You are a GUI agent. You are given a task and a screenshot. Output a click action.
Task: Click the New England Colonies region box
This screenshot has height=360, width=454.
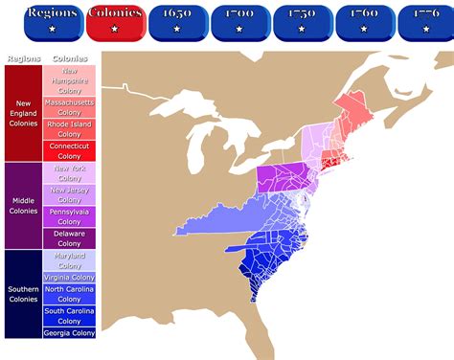point(23,113)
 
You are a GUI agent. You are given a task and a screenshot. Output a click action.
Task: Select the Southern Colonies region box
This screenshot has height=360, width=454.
point(23,293)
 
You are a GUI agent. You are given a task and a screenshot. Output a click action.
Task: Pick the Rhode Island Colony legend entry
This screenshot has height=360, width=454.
point(69,128)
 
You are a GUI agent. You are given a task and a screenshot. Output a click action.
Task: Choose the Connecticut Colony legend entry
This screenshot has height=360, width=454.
point(69,150)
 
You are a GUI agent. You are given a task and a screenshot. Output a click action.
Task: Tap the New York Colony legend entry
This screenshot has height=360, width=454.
point(69,173)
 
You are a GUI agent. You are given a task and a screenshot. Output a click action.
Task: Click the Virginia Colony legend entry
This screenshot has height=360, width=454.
point(69,277)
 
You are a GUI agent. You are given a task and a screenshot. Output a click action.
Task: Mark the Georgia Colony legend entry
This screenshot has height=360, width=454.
point(69,332)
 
